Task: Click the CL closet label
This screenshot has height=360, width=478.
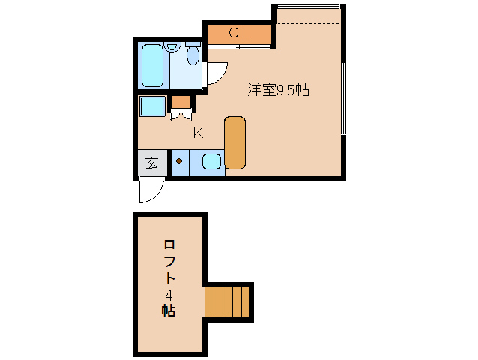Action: [x=238, y=33]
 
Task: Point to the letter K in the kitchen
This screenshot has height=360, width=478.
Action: [x=198, y=133]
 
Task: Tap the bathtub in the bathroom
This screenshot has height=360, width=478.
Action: [x=153, y=65]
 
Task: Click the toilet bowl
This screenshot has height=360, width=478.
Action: [x=193, y=54]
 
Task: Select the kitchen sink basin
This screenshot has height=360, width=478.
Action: [x=211, y=162]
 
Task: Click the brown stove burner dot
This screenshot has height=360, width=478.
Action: [x=179, y=160]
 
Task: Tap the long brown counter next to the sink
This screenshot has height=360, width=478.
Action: [x=235, y=142]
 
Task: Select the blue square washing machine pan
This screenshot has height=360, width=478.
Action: [x=152, y=106]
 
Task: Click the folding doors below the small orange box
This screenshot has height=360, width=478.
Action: [x=181, y=115]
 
